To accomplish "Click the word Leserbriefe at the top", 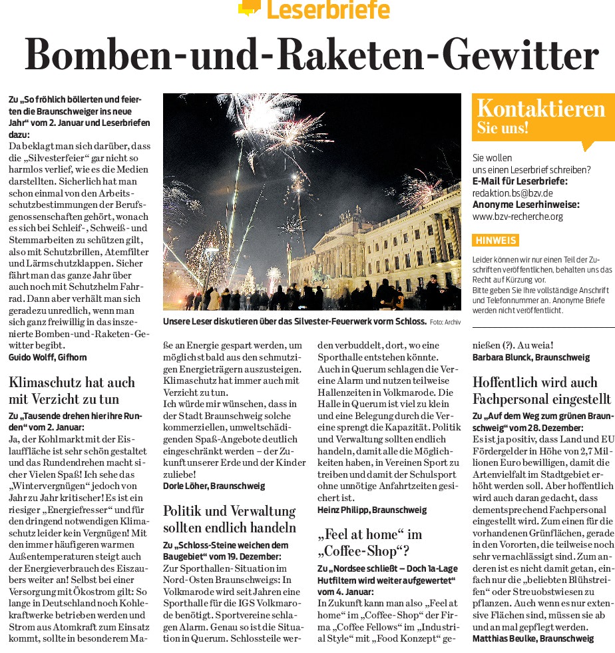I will tap(327, 10).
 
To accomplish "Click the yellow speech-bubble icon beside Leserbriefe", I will tap(249, 7).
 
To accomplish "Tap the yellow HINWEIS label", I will tap(495, 241).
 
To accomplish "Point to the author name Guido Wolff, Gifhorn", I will tap(47, 357).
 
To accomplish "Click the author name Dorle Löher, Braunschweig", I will tap(214, 486).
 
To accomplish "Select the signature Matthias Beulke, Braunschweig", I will tap(532, 638).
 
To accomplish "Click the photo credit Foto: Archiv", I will tap(445, 322).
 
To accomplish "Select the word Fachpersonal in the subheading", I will tap(513, 399).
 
